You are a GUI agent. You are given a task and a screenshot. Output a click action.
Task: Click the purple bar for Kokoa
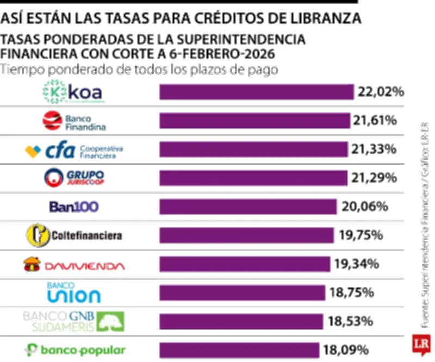click(256, 92)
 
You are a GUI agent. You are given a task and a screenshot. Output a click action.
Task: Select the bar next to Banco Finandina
click(254, 121)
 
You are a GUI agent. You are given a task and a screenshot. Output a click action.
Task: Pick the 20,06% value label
click(364, 207)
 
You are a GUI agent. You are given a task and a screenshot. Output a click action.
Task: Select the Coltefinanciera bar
click(246, 235)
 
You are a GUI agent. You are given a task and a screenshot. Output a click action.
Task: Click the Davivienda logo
click(73, 265)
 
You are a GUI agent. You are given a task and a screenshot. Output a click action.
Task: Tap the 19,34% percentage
click(356, 264)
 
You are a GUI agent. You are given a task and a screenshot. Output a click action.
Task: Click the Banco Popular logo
click(75, 350)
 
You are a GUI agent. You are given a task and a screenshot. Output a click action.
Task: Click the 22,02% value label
click(381, 92)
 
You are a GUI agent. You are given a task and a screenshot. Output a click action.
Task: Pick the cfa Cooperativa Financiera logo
click(74, 149)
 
